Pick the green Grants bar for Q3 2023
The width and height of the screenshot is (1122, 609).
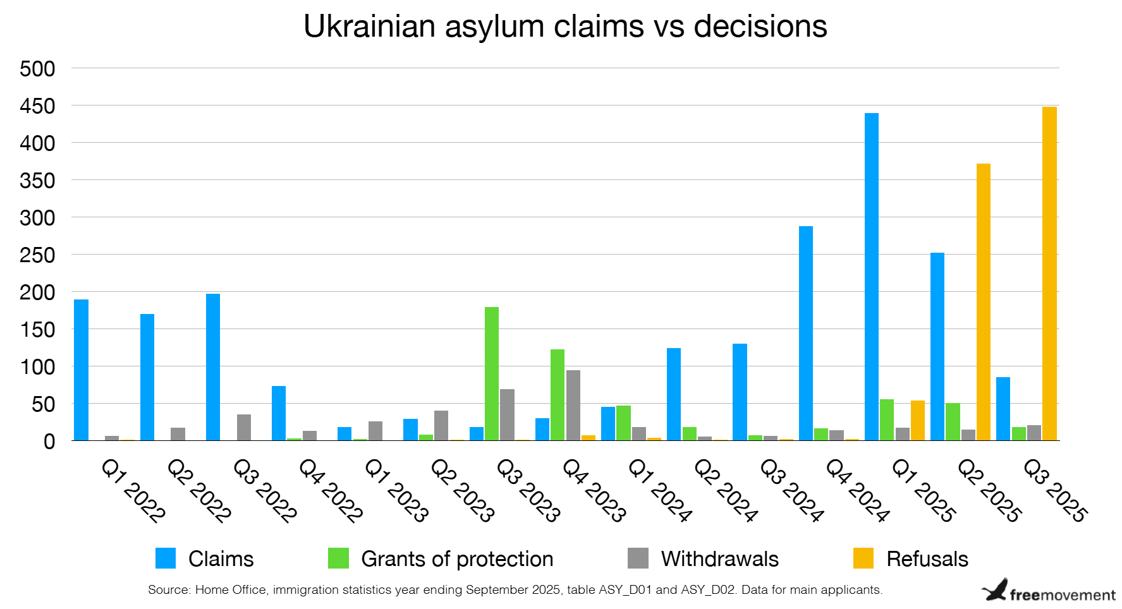coord(491,373)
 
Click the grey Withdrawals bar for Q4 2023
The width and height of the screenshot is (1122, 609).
coord(573,405)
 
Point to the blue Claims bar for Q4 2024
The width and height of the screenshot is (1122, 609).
coord(805,333)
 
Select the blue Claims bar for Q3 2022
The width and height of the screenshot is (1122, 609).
coord(213,367)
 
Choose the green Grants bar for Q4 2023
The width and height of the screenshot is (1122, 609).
coord(557,395)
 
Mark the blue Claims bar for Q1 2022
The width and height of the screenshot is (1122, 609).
coord(81,370)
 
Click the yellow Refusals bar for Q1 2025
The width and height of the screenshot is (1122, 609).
coord(917,420)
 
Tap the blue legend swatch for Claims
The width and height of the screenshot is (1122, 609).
coord(166,558)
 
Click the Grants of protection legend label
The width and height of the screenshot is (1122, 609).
coord(456,559)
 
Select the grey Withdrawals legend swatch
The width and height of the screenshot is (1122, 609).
coord(638,558)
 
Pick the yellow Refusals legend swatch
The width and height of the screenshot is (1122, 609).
coord(863,558)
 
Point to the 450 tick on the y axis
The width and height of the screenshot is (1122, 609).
coord(37,106)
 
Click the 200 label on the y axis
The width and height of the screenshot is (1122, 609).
coord(37,292)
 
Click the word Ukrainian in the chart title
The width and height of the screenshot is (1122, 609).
coord(370,27)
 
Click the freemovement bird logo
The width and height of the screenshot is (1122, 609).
coord(995,590)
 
